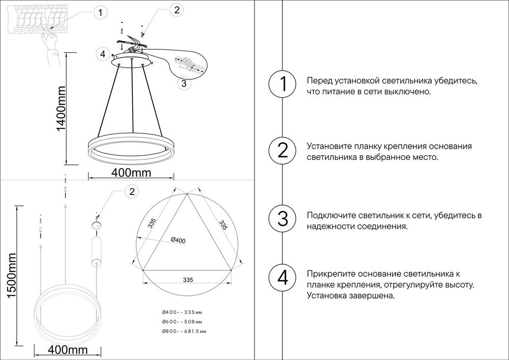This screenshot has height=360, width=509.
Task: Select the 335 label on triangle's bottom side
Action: click(187, 280)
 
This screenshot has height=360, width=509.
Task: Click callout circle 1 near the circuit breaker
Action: click(101, 12)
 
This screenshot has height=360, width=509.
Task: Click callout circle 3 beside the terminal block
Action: click(184, 83)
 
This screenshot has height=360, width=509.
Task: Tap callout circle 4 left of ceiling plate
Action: click(102, 53)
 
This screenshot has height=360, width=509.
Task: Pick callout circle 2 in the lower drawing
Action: click(132, 191)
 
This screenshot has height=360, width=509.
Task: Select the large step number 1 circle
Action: click(282, 85)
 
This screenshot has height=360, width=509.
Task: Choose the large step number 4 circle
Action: click(282, 278)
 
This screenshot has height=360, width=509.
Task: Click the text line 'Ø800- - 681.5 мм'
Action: click(184, 331)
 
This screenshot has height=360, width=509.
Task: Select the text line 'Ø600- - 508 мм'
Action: click(182, 322)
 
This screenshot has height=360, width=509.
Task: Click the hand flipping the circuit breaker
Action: click(50, 42)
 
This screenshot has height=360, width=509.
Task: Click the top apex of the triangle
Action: click(187, 193)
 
